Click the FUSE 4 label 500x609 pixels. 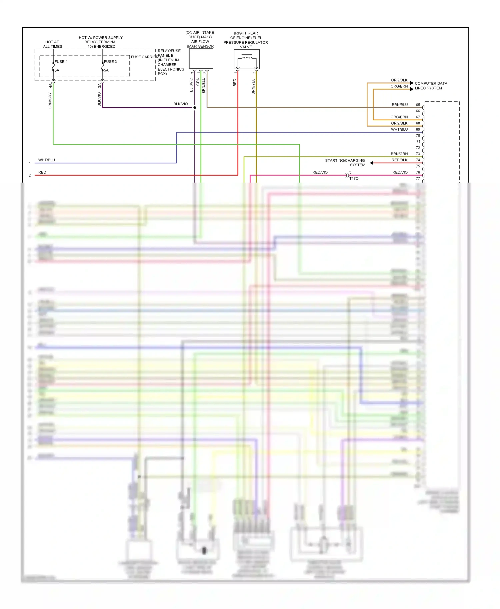coord(61,62)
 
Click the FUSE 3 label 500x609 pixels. coord(110,62)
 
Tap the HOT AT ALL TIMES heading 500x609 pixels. coord(52,44)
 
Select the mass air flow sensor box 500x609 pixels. coord(201,59)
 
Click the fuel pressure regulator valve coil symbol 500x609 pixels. coord(247,59)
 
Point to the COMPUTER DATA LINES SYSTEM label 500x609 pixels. coord(431,86)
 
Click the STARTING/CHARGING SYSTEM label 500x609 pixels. coord(345,163)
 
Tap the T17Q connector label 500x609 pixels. coord(354,179)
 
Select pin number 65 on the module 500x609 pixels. coord(418,105)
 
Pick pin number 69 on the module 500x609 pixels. coord(418,129)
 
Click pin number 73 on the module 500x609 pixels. coord(418,154)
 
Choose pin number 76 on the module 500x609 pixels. coord(418,172)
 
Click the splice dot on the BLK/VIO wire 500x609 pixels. coord(195,108)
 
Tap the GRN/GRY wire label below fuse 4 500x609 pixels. coord(50,101)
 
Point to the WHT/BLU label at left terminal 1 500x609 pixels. coord(47,160)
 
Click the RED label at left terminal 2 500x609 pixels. coord(42,172)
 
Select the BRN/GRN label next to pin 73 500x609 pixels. coord(399,154)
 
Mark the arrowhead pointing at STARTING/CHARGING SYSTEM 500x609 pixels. coord(372,163)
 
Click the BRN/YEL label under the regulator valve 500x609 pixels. coord(253,87)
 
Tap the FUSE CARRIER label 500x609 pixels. coord(144,57)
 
